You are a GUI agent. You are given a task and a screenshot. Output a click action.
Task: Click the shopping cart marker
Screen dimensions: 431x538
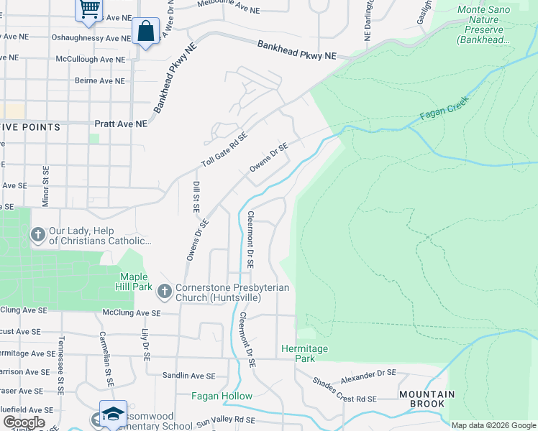click(x=89, y=9)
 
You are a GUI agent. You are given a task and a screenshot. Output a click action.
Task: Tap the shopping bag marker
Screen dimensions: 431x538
click(x=145, y=32)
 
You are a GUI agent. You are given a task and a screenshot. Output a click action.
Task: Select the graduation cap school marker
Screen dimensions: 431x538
click(x=113, y=414)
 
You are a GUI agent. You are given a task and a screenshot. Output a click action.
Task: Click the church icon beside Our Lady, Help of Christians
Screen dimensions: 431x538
click(x=37, y=235)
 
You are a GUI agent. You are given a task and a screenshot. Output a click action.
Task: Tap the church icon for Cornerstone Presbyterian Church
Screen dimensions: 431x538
click(x=164, y=291)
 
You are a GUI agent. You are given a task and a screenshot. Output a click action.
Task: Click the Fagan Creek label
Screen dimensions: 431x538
click(x=444, y=108)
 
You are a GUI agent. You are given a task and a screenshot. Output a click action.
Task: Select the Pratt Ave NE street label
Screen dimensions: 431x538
click(x=120, y=124)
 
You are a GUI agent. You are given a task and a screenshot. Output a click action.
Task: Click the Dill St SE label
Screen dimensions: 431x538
click(x=196, y=196)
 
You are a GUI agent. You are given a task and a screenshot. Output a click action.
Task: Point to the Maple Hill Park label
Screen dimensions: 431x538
click(x=134, y=282)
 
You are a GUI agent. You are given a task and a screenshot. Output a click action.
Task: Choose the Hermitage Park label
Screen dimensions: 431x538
click(x=304, y=353)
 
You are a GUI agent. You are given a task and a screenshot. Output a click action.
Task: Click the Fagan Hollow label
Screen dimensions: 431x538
click(x=222, y=396)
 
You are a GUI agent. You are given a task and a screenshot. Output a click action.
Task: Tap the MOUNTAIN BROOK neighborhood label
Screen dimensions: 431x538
click(x=427, y=399)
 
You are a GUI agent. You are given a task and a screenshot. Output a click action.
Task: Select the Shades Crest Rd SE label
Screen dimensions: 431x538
click(x=345, y=389)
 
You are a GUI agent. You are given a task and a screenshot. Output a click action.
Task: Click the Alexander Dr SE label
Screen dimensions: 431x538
click(x=368, y=374)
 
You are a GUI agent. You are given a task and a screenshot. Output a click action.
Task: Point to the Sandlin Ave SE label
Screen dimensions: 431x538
click(x=188, y=376)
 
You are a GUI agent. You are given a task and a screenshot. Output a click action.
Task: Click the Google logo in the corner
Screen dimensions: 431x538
click(x=24, y=422)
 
